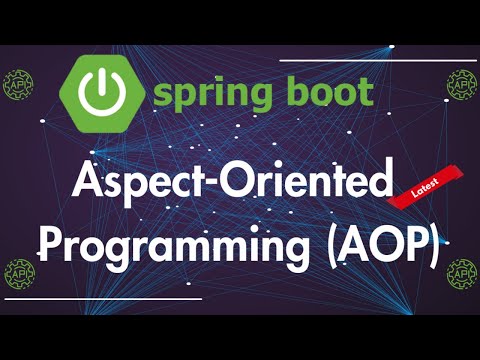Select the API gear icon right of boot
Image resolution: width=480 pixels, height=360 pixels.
click(462, 88)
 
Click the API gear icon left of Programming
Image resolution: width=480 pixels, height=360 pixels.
click(18, 270)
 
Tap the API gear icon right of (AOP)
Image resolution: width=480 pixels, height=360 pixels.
click(462, 270)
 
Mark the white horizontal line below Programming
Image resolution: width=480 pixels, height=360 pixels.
click(110, 298)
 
